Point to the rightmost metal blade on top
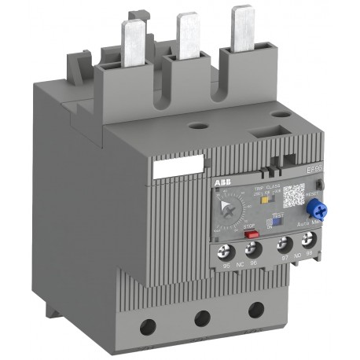point(241,24)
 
